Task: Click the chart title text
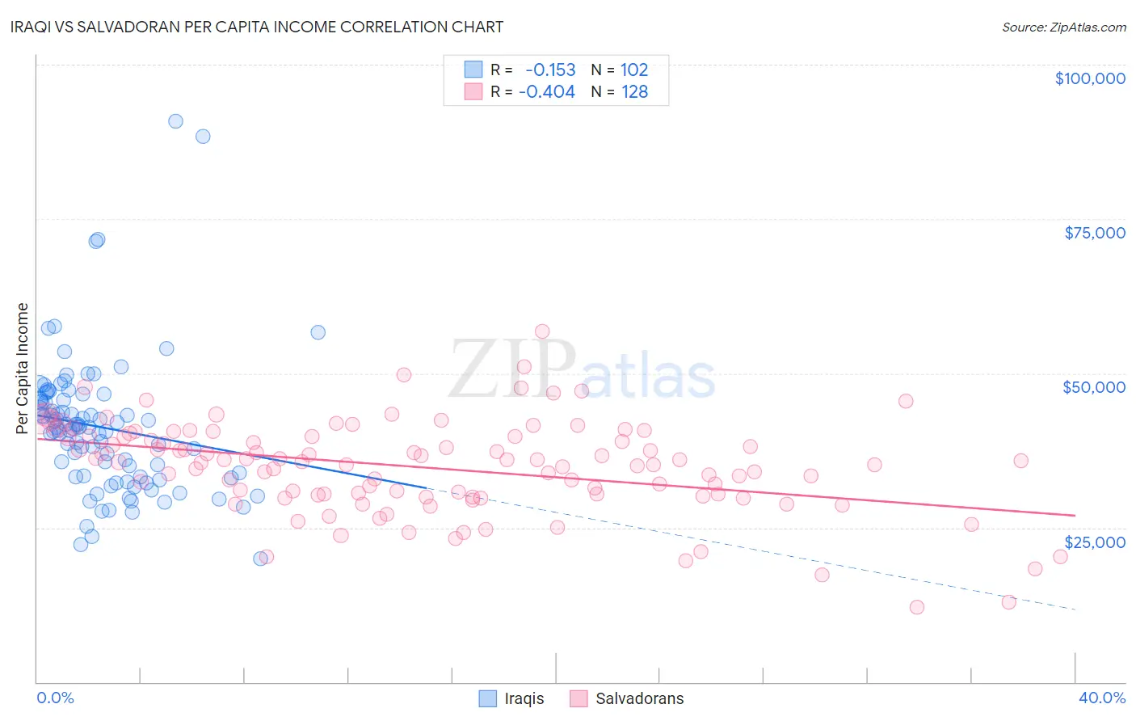(x=258, y=27)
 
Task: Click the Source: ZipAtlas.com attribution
(x=1063, y=27)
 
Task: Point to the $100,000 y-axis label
(x=1089, y=78)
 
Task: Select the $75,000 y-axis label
(x=1094, y=233)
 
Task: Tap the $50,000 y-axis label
(x=1093, y=387)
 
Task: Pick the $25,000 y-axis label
(x=1094, y=542)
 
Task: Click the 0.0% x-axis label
(x=55, y=698)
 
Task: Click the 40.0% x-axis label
(x=1101, y=698)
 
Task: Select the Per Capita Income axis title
(x=23, y=368)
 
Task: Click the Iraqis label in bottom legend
(x=524, y=698)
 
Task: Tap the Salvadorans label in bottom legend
(x=639, y=698)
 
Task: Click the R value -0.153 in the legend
(x=550, y=70)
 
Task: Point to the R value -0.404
(x=547, y=91)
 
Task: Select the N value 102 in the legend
(x=634, y=70)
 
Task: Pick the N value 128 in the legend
(x=634, y=91)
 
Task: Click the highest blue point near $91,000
(x=175, y=121)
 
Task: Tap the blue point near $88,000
(x=203, y=136)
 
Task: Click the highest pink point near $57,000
(x=542, y=331)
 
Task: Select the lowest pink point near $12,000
(x=916, y=607)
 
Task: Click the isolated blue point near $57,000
(x=318, y=332)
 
